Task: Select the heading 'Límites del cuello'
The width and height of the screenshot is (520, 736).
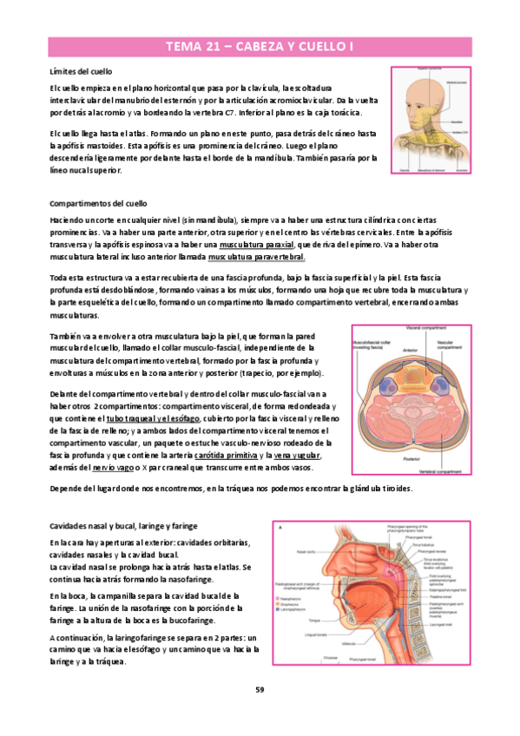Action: (x=84, y=70)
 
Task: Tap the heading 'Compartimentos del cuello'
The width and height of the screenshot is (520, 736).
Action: (x=98, y=201)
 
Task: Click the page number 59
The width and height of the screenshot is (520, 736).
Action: (x=260, y=689)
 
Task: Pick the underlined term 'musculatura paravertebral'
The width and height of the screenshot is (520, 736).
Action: (x=256, y=258)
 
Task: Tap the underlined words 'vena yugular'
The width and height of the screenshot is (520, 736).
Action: (x=297, y=456)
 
